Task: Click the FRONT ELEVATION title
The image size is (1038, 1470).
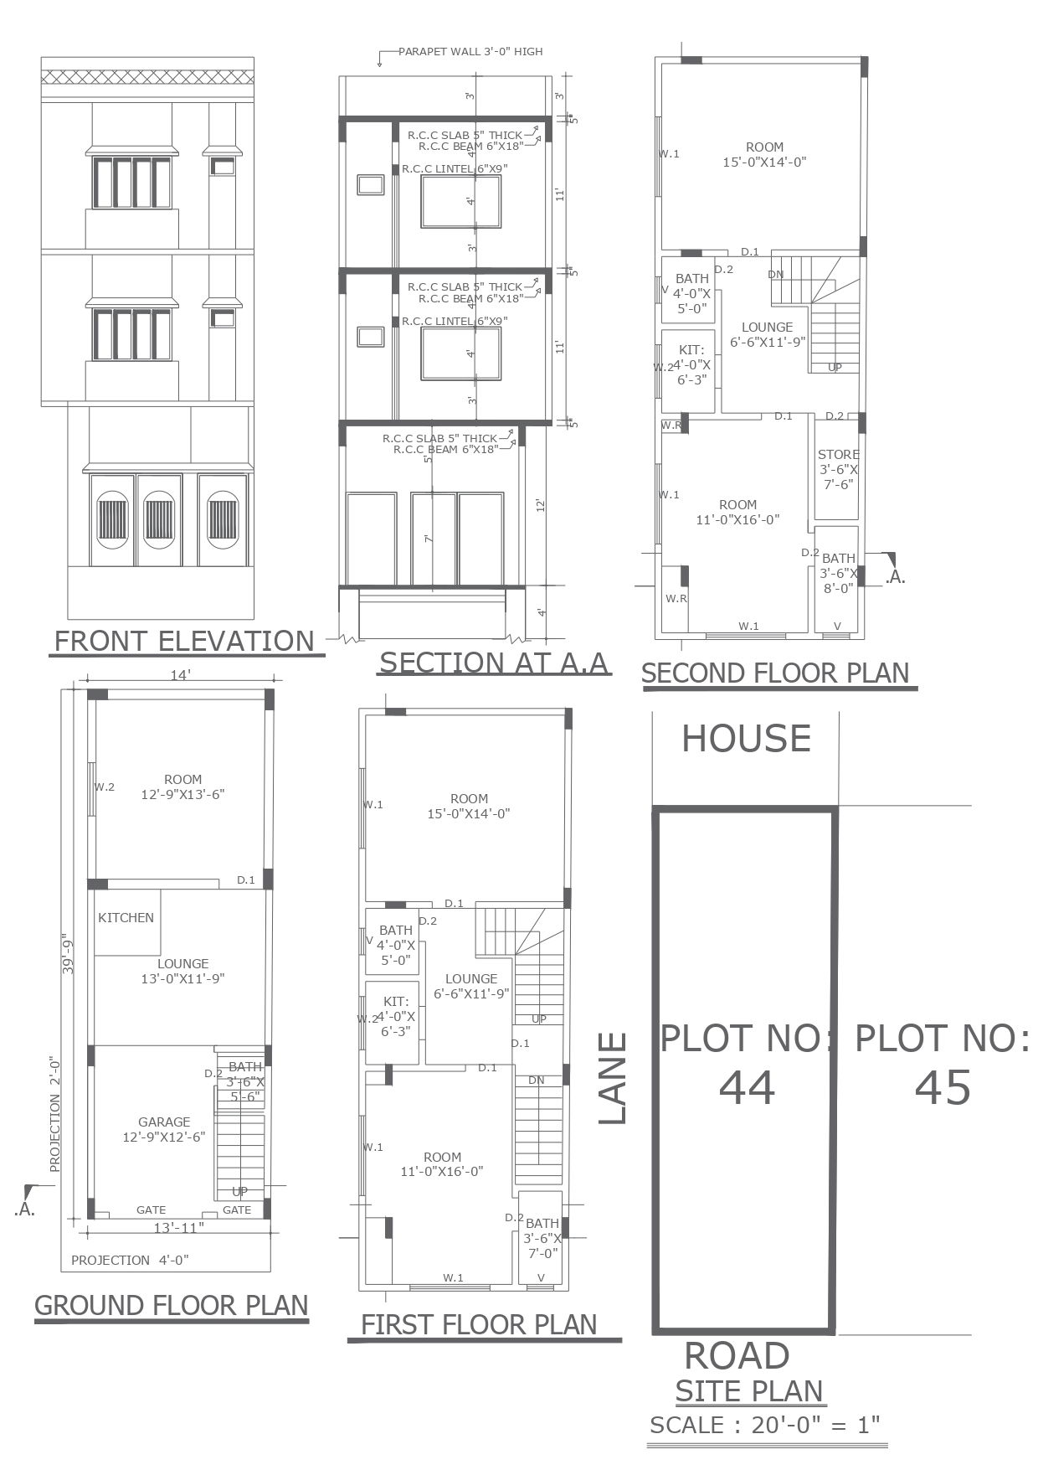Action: point(183,641)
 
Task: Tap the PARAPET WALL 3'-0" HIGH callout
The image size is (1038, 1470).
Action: point(470,52)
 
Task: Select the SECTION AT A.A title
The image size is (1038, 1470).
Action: point(494,663)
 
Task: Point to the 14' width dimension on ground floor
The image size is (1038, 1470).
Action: point(180,674)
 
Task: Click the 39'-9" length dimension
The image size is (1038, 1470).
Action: point(69,954)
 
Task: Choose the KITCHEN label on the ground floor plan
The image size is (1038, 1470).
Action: point(126,918)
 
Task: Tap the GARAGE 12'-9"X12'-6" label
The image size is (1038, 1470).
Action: point(164,1129)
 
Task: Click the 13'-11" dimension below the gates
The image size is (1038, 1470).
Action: point(179,1228)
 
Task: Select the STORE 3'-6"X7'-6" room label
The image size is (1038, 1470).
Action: point(838,470)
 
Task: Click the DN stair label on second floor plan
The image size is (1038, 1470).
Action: point(776,275)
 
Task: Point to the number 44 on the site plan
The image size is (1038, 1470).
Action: point(747,1087)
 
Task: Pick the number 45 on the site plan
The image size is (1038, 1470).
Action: point(943,1087)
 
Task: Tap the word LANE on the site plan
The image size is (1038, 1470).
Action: point(613,1078)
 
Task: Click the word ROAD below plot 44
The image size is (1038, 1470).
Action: point(737,1355)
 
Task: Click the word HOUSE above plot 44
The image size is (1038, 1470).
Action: point(746,739)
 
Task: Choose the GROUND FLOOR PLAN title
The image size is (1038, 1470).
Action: point(172,1305)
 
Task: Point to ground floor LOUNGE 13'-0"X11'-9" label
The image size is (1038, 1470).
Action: point(183,971)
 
